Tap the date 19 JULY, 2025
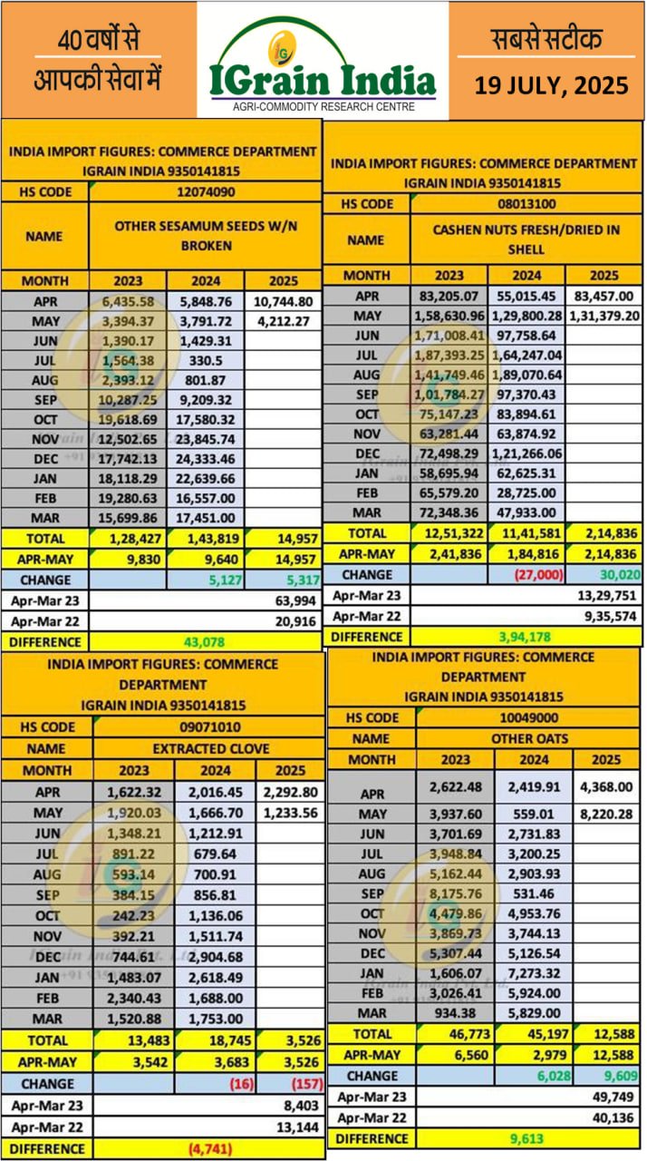pos(552,86)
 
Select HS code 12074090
pos(206,192)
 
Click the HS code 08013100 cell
pos(526,204)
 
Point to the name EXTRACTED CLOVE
pos(208,749)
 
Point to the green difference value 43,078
pos(204,641)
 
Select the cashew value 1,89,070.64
pos(526,375)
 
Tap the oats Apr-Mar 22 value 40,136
pos(608,1117)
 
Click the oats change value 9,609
pos(611,1076)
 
